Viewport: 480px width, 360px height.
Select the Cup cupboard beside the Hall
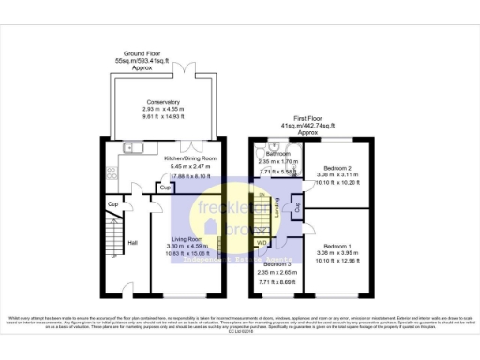(112, 203)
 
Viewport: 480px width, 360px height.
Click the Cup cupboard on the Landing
(296, 205)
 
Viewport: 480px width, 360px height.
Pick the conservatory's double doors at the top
(188, 73)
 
